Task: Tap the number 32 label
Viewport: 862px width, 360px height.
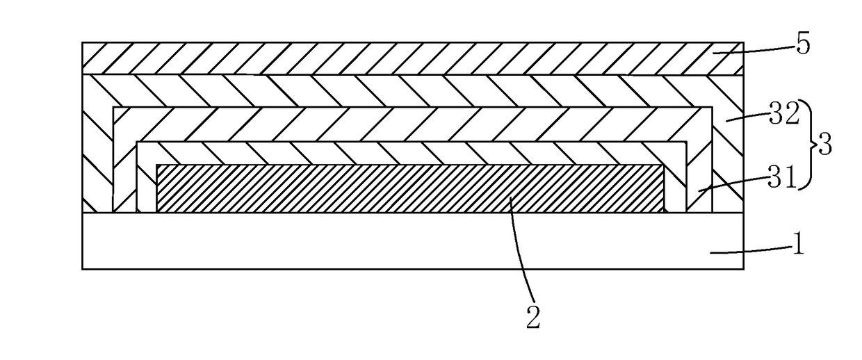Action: [784, 113]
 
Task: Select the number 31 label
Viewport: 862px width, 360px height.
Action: [781, 177]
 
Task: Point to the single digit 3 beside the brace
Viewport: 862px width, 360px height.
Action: [824, 145]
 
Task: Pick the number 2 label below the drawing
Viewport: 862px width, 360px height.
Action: [533, 318]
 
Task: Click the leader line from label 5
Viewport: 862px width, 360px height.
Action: [753, 50]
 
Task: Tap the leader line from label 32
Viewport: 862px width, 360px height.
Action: [747, 117]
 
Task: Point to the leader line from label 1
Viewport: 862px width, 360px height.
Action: [750, 250]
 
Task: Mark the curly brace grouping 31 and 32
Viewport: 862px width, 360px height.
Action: [808, 145]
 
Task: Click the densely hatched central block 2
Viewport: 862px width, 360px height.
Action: [410, 188]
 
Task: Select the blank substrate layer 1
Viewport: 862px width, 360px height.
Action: [412, 240]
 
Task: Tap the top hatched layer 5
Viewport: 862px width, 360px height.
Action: [412, 58]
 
